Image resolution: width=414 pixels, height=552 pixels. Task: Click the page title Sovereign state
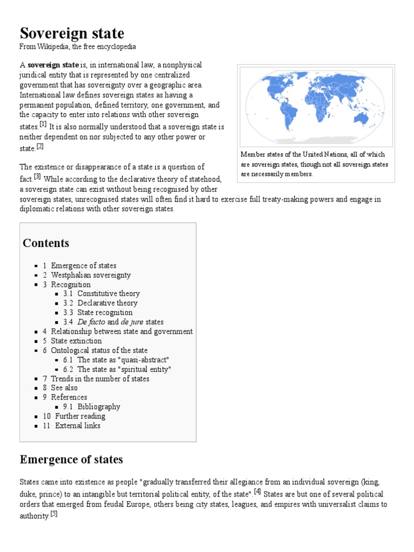tap(72, 33)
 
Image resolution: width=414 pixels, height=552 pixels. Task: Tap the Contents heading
tap(46, 243)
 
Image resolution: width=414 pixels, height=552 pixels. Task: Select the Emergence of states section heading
tap(71, 459)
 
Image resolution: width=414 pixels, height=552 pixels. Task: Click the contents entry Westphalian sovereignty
tap(91, 275)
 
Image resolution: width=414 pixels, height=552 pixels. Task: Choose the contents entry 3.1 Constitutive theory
tap(108, 294)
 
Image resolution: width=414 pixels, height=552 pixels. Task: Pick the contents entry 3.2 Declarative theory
tap(107, 303)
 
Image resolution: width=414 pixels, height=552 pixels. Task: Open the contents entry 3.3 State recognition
tap(105, 313)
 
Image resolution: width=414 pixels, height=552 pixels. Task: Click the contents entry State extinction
tap(76, 341)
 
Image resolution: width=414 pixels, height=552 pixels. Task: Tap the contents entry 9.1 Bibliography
tap(99, 407)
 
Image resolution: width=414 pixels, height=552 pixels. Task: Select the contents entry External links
tap(78, 426)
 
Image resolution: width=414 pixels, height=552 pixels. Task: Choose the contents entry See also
tap(64, 388)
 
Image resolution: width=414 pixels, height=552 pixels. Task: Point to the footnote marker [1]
tap(43, 125)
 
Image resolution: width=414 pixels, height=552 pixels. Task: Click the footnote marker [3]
tap(37, 176)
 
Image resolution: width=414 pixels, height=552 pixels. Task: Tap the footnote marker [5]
tap(53, 514)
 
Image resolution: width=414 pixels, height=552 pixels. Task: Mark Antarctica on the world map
tap(318, 139)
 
